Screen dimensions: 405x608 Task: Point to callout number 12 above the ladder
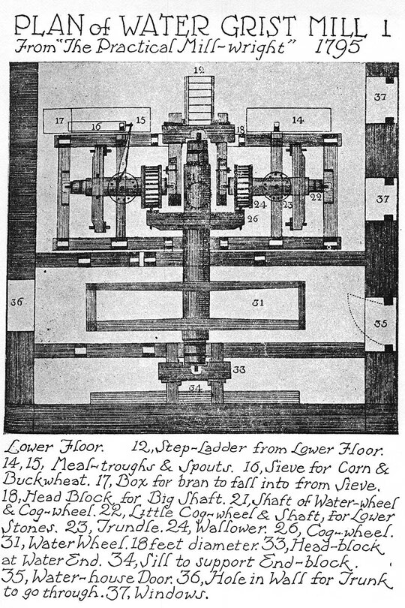coord(199,70)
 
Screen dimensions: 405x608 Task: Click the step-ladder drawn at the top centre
coord(199,99)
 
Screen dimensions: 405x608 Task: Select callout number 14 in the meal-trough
coord(298,120)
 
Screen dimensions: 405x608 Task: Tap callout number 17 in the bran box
coord(59,121)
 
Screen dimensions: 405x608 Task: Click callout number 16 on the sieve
coord(96,126)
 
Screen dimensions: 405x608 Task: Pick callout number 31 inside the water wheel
coord(258,302)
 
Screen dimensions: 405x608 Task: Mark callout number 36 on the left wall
coord(16,302)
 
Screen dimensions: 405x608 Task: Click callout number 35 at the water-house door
coord(380,323)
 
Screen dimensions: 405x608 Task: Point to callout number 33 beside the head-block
coord(239,370)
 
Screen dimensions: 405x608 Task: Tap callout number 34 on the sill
coord(195,388)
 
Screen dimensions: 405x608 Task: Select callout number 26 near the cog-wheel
coord(252,219)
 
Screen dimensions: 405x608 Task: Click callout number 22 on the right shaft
coord(316,197)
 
